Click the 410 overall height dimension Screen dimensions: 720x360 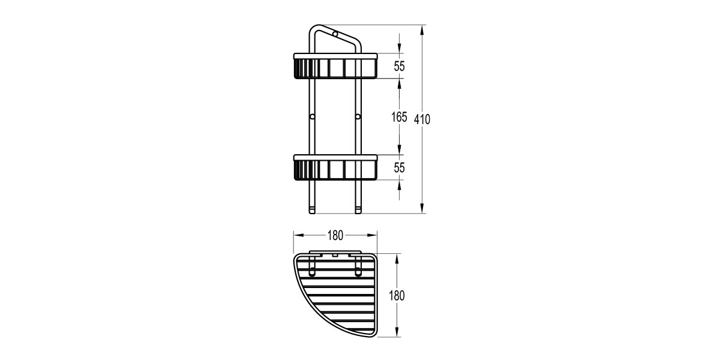click(422, 119)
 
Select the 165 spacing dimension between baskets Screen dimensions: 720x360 click(399, 117)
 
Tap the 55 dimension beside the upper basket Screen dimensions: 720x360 click(399, 67)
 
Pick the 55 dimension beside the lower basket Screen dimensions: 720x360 click(399, 168)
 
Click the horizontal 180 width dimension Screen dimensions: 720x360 click(335, 236)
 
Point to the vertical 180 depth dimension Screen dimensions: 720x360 click(397, 296)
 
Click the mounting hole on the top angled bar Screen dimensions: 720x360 click(335, 34)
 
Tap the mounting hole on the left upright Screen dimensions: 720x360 click(312, 116)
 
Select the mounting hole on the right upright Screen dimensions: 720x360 click(358, 116)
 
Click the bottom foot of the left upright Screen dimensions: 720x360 click(312, 211)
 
